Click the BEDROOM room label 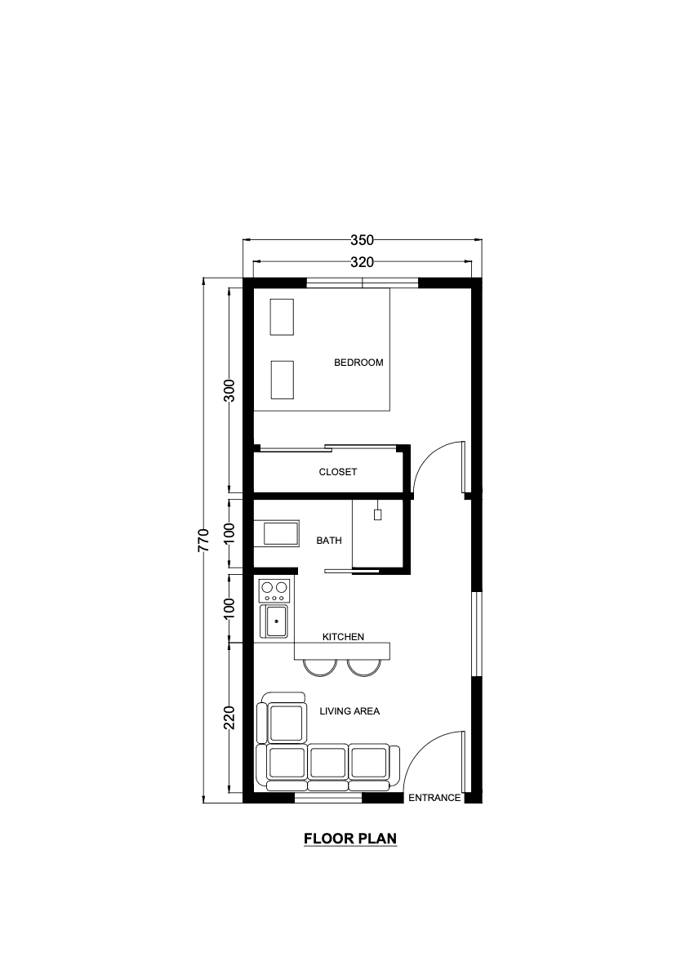pos(358,363)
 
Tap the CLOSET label pos(338,472)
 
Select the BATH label pos(329,541)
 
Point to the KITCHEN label pos(343,637)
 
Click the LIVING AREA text pos(349,711)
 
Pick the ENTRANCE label pos(434,798)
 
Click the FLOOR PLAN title pos(350,838)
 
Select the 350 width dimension pos(362,240)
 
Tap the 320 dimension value pos(362,262)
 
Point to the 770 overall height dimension pos(203,540)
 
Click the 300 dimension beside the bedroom pos(229,390)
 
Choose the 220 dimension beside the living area pos(229,718)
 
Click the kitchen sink pos(275,621)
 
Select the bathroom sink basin pos(281,533)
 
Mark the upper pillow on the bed pos(281,317)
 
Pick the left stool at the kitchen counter pos(319,667)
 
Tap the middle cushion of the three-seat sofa pos(327,763)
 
